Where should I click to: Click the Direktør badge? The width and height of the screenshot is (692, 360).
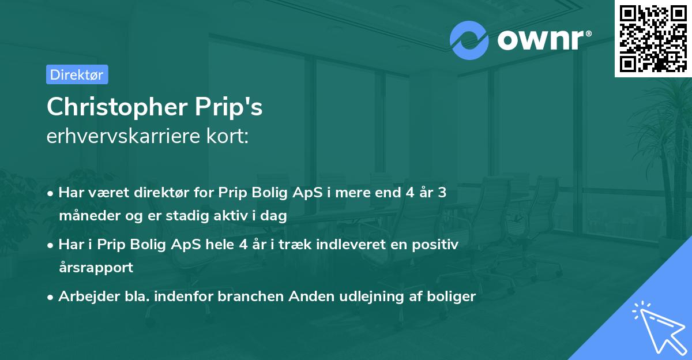[77, 74]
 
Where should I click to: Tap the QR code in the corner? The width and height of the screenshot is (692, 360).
[653, 38]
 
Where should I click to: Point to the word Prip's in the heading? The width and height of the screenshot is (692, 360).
[231, 107]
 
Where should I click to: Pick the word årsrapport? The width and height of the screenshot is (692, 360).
[96, 268]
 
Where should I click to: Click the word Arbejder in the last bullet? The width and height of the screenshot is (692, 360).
[82, 297]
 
